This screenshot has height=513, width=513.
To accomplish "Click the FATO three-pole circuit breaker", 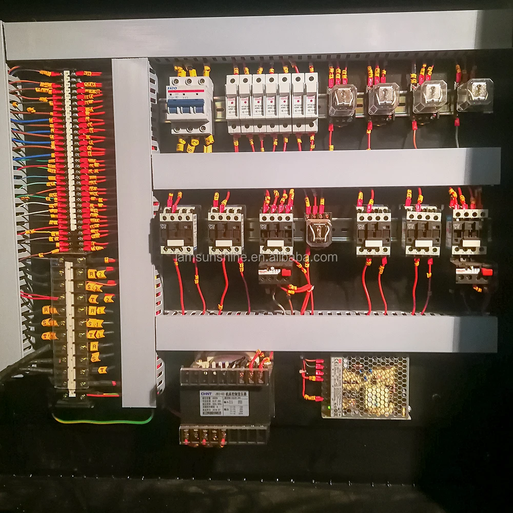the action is coord(189,105).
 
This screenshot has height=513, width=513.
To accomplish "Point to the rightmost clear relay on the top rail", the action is coord(475,95).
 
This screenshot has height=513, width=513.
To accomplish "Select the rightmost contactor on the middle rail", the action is coord(470,231).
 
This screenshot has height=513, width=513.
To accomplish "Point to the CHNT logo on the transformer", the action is coord(207,394).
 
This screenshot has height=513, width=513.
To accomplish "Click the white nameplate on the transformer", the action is coord(224,402).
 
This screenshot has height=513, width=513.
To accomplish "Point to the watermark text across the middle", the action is coord(256,257).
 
